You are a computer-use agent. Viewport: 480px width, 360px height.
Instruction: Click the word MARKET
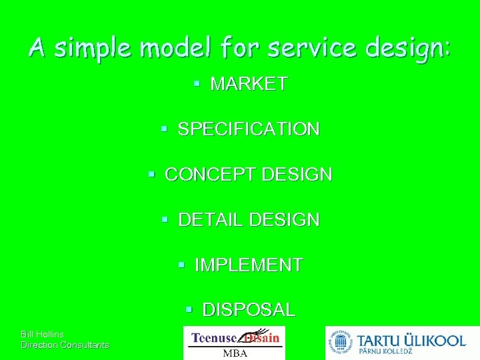(x=249, y=84)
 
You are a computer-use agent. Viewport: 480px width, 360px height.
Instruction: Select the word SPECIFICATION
(x=249, y=129)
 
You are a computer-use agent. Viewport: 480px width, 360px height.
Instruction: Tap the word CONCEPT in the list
(x=211, y=175)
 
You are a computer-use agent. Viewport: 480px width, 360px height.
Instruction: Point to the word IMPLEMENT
(x=249, y=265)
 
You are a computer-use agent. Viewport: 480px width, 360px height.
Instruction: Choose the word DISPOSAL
(x=249, y=310)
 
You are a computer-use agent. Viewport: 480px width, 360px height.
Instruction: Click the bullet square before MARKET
(x=197, y=84)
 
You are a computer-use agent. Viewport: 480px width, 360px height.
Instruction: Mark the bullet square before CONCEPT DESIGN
(x=151, y=175)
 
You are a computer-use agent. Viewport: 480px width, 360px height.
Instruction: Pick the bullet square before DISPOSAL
(x=189, y=310)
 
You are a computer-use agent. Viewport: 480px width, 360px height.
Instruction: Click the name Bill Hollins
(x=43, y=334)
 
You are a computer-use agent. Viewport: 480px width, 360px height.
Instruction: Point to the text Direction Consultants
(x=65, y=345)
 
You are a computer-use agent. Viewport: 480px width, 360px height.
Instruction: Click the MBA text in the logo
(x=234, y=353)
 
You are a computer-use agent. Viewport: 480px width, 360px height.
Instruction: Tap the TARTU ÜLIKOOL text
(x=412, y=340)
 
